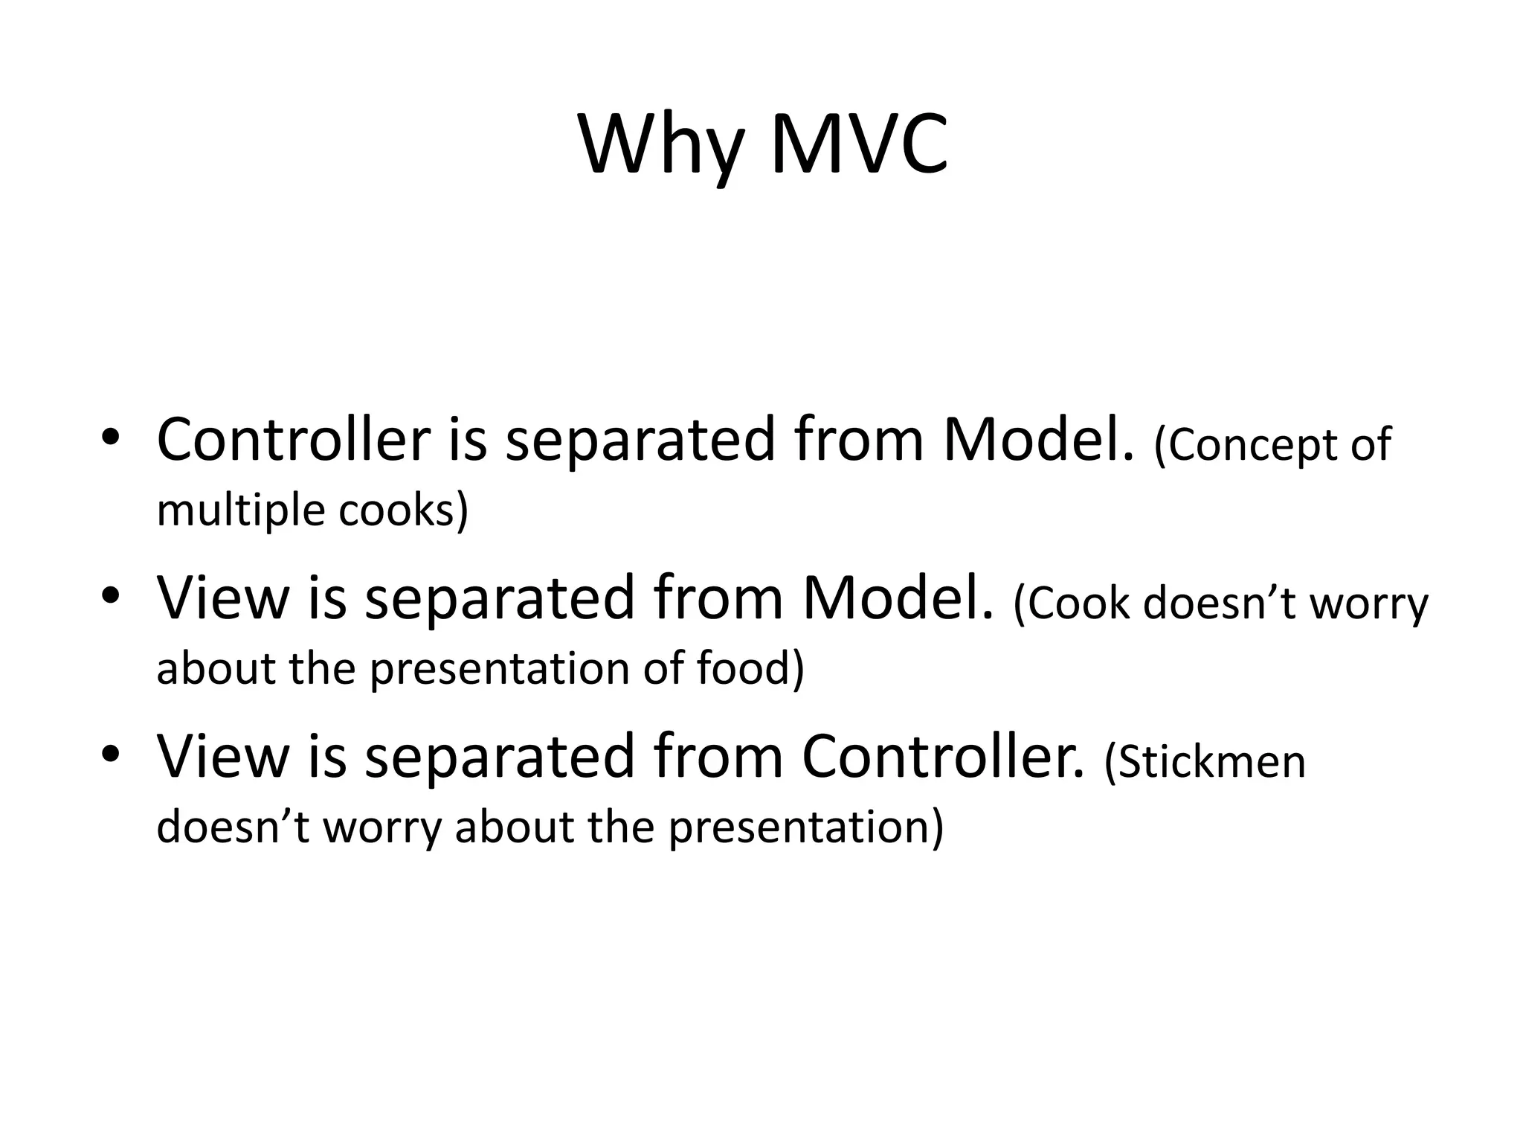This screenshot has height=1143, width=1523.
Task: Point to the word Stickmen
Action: [x=1205, y=762]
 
